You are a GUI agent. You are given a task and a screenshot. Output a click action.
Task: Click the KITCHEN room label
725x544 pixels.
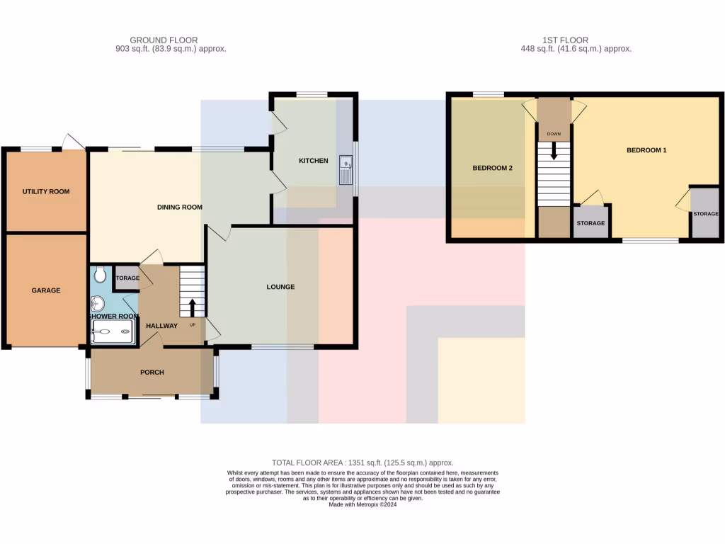[313, 161]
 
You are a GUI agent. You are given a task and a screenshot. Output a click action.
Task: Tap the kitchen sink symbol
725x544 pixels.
[346, 170]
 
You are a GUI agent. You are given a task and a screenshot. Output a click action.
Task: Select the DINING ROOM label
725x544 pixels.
[179, 208]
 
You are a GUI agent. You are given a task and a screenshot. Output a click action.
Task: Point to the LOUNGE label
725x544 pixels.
[280, 287]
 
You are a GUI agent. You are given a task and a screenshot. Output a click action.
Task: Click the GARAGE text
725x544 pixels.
[46, 290]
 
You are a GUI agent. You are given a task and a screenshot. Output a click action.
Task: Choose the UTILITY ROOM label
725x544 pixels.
[46, 191]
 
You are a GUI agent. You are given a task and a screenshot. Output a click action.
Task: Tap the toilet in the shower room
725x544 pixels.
[99, 273]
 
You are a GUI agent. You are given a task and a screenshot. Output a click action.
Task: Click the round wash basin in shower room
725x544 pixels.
[98, 304]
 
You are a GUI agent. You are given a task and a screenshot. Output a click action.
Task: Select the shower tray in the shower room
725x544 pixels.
[113, 331]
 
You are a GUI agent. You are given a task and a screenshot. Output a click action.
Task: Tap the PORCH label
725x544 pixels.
[152, 373]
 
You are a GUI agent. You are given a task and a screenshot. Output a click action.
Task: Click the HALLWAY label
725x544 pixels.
[161, 326]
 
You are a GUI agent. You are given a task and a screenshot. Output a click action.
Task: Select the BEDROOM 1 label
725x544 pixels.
[646, 150]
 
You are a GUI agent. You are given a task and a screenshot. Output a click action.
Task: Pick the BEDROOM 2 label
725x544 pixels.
[492, 168]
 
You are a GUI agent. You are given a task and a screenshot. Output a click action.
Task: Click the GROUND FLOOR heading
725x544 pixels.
[164, 40]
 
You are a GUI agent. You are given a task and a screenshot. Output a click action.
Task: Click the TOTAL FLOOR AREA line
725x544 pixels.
[362, 463]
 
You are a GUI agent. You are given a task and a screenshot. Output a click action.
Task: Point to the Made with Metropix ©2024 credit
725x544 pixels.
[362, 504]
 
